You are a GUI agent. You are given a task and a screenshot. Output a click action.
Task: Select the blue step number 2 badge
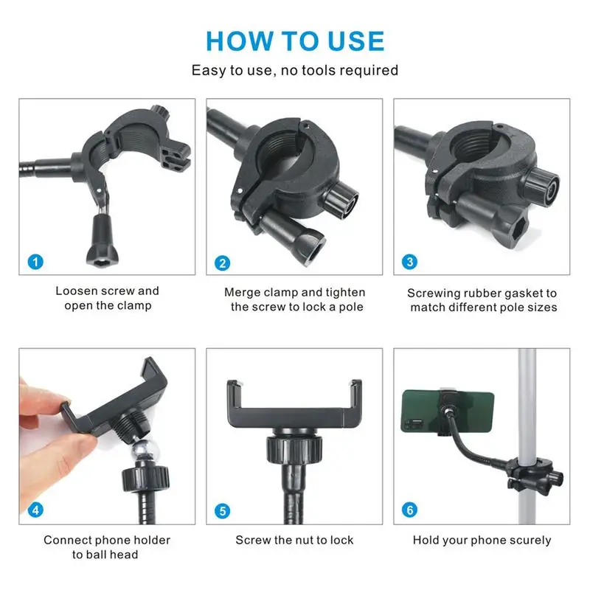coord(222,263)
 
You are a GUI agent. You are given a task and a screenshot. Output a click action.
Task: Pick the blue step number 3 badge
coord(410,262)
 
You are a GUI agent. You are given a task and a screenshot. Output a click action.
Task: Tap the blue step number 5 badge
coord(222,510)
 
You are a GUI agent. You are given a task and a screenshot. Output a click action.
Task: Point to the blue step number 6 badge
coord(410,510)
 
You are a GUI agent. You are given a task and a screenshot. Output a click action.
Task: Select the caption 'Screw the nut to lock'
coord(294,541)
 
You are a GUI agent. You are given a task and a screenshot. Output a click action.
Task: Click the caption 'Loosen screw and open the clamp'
coord(107,299)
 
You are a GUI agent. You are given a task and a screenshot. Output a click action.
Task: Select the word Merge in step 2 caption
coord(242,293)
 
